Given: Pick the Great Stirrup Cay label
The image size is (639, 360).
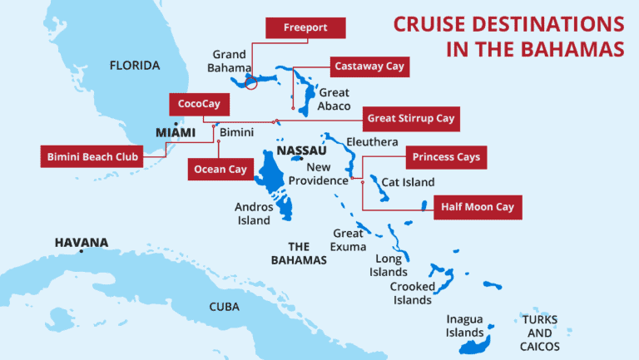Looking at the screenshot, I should (411, 119).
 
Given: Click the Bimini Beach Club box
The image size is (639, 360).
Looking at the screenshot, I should (92, 156).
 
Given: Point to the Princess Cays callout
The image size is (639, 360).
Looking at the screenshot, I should (446, 156).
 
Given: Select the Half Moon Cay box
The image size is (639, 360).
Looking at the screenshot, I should (478, 207).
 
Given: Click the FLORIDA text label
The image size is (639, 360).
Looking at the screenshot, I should (136, 64).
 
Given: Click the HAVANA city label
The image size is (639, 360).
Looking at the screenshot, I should (82, 243).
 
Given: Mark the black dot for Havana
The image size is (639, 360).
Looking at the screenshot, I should (81, 251).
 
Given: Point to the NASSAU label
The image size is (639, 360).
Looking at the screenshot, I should (301, 151).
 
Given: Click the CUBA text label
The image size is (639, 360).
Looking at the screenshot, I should (224, 307).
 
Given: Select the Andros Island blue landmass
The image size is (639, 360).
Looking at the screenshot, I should (274, 187).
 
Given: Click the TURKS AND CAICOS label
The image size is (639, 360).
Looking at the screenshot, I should (540, 333).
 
